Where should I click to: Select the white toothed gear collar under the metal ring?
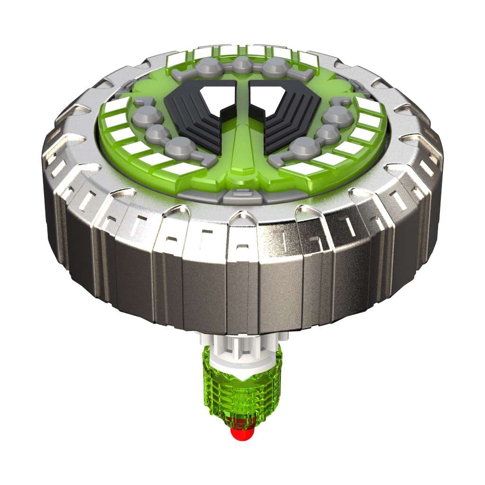click(x=242, y=348)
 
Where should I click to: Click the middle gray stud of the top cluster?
click(x=242, y=64)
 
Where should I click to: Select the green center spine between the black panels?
click(x=242, y=142)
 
